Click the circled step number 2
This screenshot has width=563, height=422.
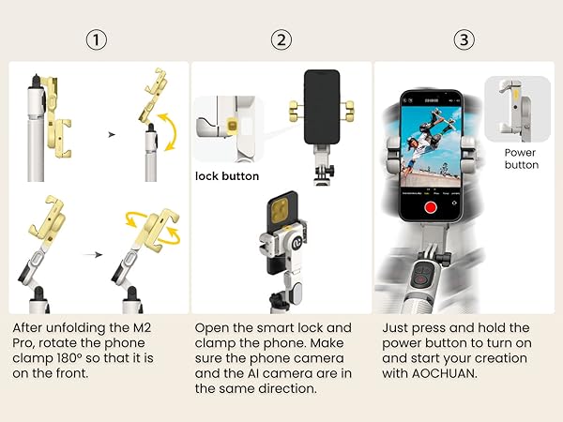tap(281, 40)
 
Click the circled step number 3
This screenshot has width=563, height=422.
tap(465, 40)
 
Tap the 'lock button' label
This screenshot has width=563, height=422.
tap(227, 175)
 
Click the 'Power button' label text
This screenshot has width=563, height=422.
tap(521, 158)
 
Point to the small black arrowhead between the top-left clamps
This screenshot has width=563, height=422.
tap(112, 134)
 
